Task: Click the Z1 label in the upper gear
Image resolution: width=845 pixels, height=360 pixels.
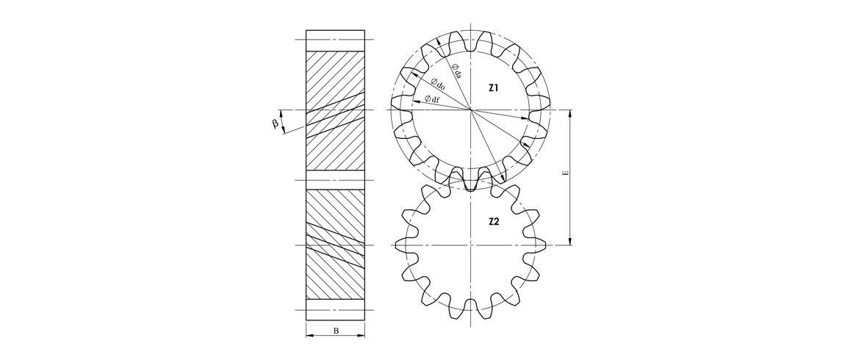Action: tap(494, 87)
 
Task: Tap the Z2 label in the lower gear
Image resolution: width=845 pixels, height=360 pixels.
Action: tap(494, 220)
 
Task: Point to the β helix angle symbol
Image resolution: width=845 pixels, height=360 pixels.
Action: tap(275, 123)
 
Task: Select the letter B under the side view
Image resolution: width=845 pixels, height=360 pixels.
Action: tap(336, 331)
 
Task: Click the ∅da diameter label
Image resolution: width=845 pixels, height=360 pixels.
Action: tap(456, 71)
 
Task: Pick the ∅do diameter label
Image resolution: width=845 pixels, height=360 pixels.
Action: tap(438, 84)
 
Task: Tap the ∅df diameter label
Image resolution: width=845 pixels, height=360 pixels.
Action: tap(432, 98)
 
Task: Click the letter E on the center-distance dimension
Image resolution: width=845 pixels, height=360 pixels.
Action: tap(565, 175)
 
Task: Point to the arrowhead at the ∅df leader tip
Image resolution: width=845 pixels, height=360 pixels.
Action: tap(415, 101)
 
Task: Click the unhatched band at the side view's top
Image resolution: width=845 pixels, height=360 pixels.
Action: tap(335, 40)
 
